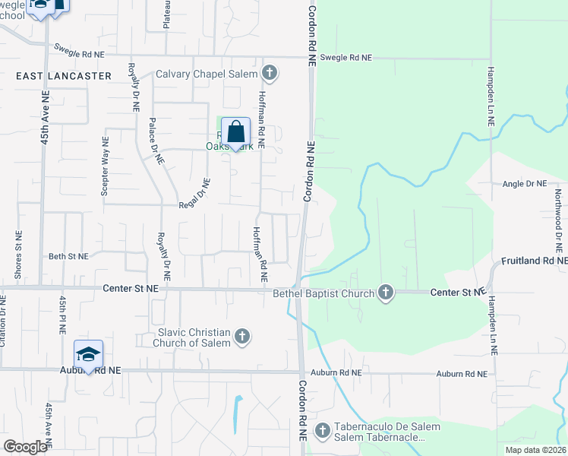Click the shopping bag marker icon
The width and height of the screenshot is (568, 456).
click(235, 132)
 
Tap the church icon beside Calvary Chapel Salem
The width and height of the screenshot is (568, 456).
click(269, 74)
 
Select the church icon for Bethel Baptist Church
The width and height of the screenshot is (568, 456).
click(386, 293)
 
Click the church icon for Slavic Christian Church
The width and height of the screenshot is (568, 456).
click(242, 336)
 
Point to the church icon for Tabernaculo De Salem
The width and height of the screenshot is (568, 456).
click(322, 431)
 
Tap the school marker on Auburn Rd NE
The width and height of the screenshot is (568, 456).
click(88, 355)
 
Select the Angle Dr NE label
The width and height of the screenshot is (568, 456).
click(525, 184)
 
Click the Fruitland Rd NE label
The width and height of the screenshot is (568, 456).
click(533, 260)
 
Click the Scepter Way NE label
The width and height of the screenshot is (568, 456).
click(105, 166)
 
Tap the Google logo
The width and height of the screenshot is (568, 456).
click(25, 447)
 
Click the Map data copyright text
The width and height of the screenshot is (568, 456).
click(535, 450)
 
